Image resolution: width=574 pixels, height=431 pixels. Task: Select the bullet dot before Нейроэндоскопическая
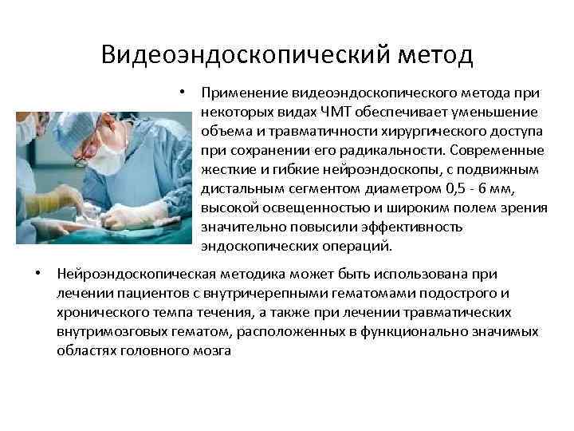pyautogui.click(x=38, y=273)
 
